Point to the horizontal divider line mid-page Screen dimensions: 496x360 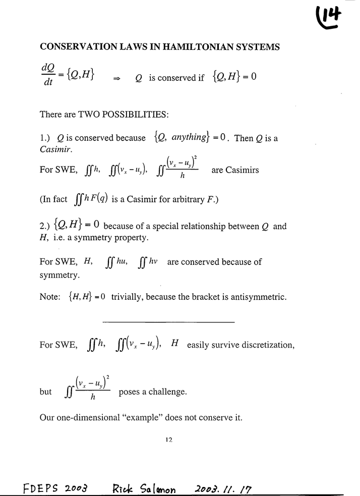(x=168, y=321)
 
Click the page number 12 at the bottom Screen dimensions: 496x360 (x=169, y=439)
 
